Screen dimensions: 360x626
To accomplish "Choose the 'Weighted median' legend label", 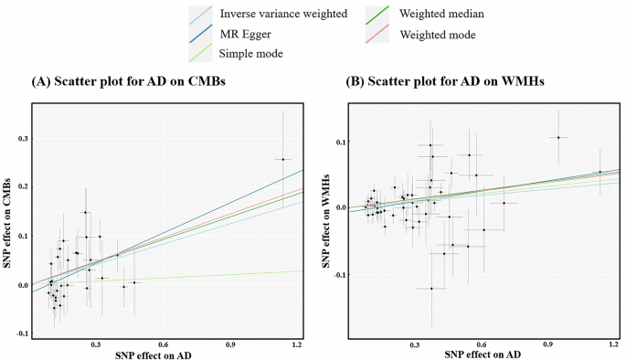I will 437,15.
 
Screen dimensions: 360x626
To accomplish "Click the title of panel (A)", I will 129,82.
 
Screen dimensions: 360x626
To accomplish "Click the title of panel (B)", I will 443,82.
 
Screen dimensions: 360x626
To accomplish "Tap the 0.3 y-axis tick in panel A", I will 21,139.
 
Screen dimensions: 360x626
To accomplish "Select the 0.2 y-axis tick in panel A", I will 21,187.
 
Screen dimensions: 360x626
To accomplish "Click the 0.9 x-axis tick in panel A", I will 230,343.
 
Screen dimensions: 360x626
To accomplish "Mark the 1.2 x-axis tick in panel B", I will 614,343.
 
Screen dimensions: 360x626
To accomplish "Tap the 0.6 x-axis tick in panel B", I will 482,343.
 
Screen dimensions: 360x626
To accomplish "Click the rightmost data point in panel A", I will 283,159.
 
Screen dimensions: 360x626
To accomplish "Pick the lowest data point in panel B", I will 431,289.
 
